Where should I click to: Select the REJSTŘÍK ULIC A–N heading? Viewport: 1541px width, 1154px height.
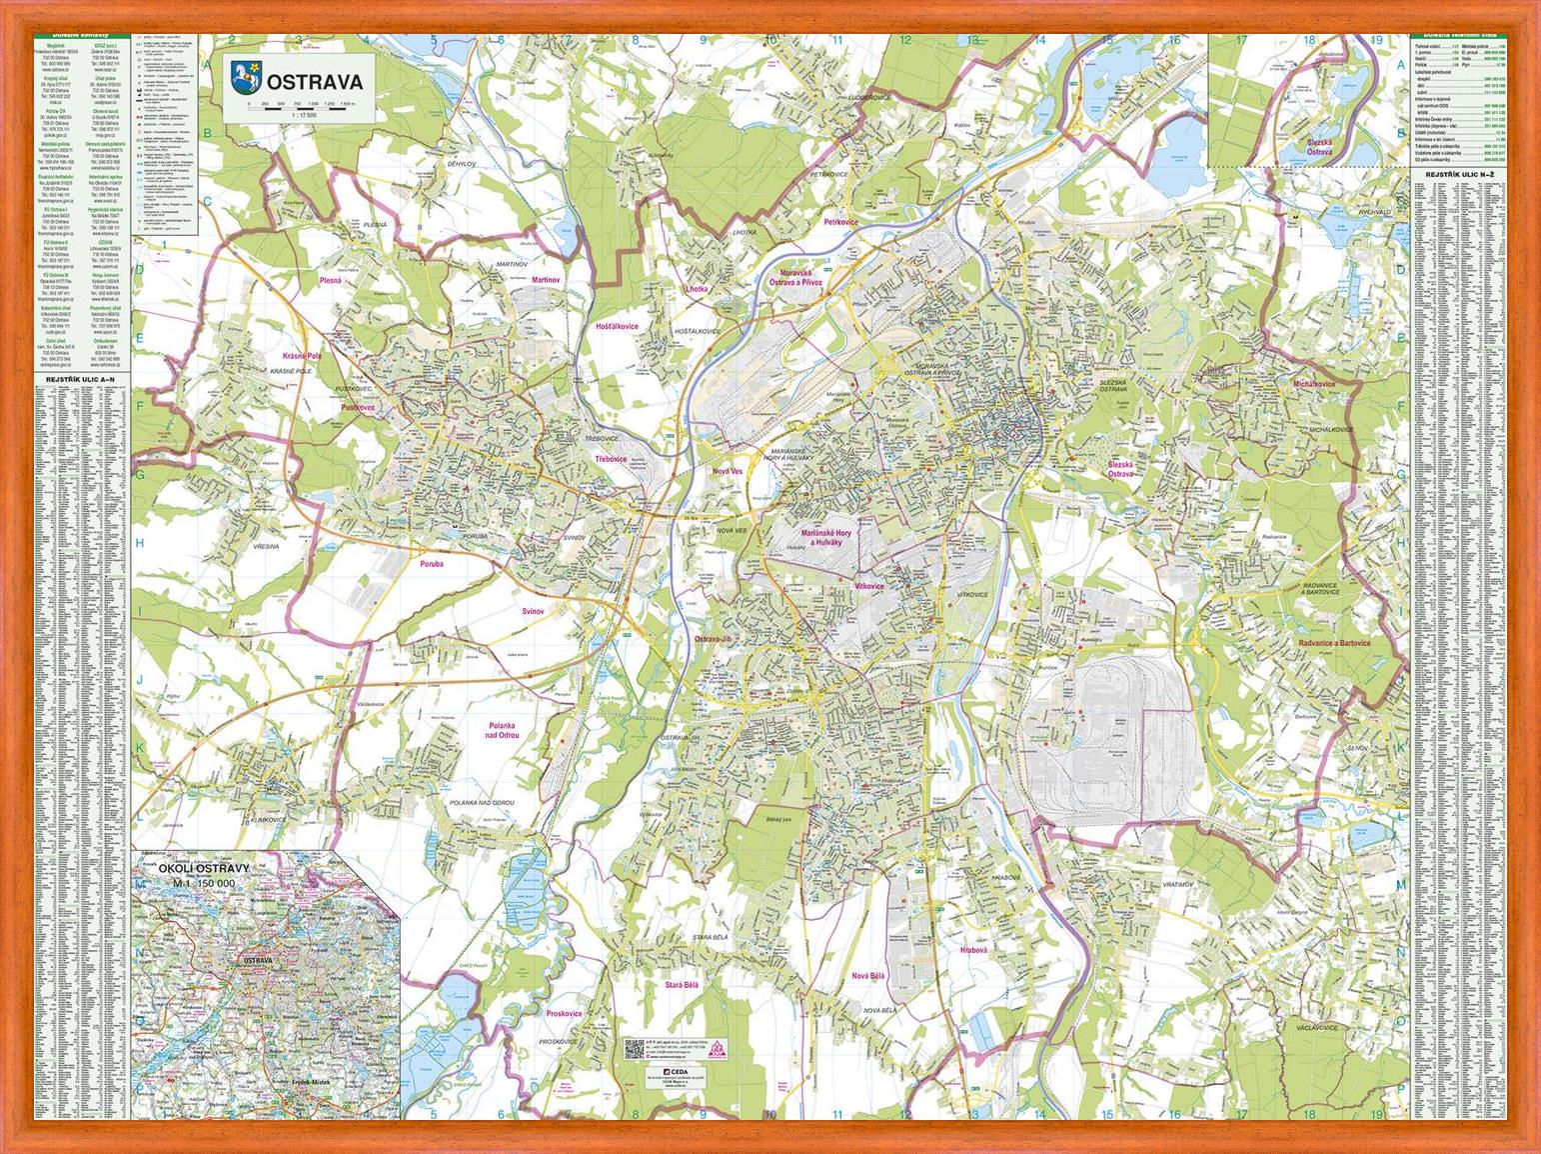[81, 380]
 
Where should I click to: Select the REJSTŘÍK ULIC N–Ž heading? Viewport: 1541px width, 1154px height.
[1458, 177]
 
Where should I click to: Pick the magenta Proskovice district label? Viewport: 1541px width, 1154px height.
[565, 1013]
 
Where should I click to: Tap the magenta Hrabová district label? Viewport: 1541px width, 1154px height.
[972, 949]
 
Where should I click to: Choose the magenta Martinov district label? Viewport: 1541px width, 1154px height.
[546, 279]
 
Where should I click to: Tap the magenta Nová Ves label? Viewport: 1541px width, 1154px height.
[728, 470]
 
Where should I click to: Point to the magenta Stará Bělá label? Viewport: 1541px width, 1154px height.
[682, 985]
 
